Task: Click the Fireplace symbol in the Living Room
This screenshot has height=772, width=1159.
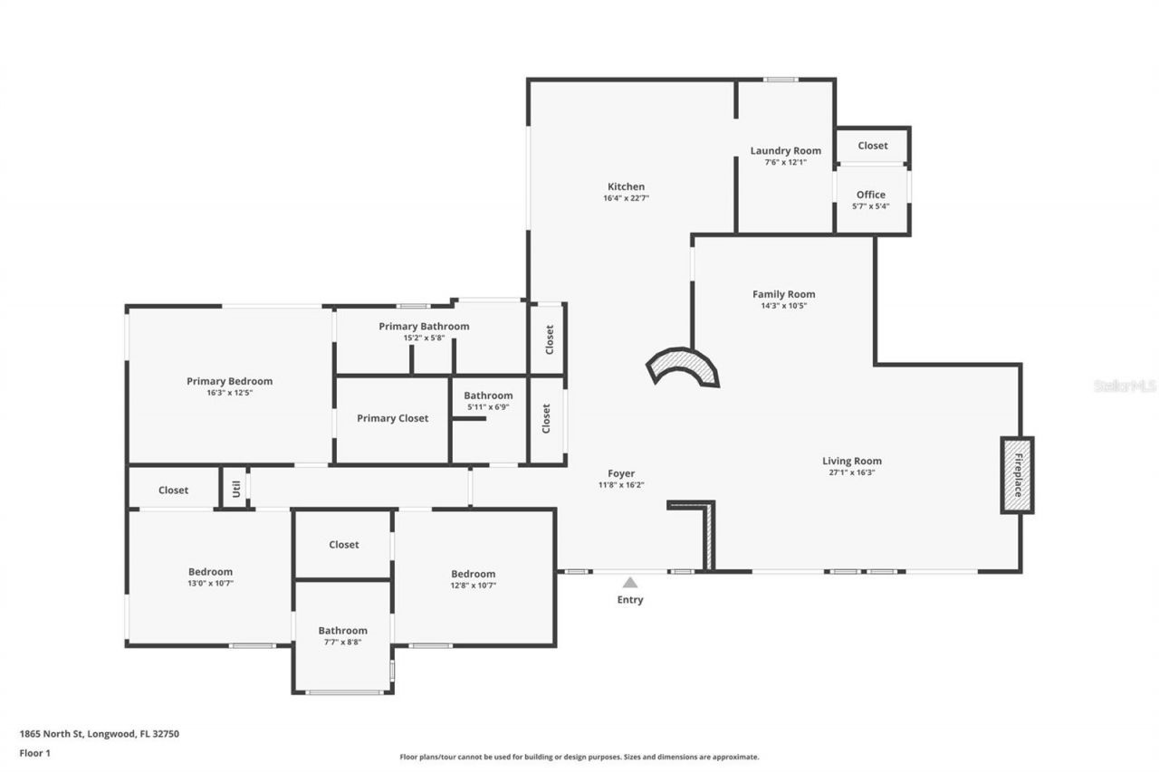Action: pyautogui.click(x=1017, y=475)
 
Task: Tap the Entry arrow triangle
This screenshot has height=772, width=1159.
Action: pyautogui.click(x=630, y=583)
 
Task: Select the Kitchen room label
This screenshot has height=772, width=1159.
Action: pyautogui.click(x=626, y=187)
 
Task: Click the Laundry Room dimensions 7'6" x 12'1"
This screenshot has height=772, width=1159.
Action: pyautogui.click(x=785, y=163)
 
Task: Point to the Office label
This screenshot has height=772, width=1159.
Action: pyautogui.click(x=871, y=195)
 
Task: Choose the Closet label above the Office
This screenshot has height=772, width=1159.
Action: pyautogui.click(x=873, y=146)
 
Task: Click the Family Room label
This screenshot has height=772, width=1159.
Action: pyautogui.click(x=783, y=294)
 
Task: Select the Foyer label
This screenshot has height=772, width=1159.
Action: pyautogui.click(x=621, y=473)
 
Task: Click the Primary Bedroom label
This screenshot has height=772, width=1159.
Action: pyautogui.click(x=229, y=381)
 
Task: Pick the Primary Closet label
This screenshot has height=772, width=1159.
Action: pyautogui.click(x=392, y=418)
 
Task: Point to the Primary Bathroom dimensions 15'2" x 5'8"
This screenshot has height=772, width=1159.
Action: pyautogui.click(x=424, y=338)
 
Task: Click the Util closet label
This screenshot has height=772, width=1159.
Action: pyautogui.click(x=235, y=490)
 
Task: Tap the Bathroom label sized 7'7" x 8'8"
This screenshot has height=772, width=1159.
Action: pyautogui.click(x=342, y=631)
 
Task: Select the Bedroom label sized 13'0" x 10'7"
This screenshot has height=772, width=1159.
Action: pyautogui.click(x=210, y=572)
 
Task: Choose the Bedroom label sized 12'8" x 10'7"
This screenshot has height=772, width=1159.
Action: pyautogui.click(x=474, y=574)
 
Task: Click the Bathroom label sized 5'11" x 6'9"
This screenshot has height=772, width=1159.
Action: pyautogui.click(x=488, y=396)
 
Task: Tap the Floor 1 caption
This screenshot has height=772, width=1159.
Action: pyautogui.click(x=35, y=752)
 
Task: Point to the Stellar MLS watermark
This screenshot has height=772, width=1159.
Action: pyautogui.click(x=1125, y=386)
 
